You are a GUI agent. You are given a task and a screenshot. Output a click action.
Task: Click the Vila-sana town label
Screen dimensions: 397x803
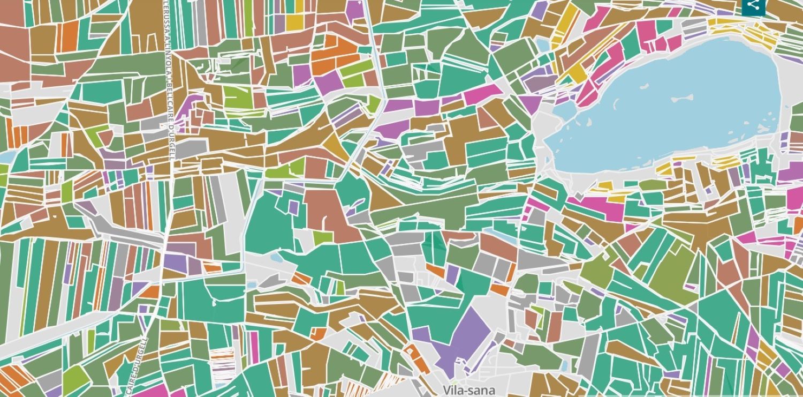click(x=469, y=389)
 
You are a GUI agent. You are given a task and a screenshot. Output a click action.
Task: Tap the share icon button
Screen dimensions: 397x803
click(x=753, y=5)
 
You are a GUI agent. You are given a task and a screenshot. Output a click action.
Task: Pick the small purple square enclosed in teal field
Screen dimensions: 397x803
click(x=294, y=206)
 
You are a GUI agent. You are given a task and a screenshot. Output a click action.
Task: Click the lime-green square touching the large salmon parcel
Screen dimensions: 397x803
click(x=323, y=237)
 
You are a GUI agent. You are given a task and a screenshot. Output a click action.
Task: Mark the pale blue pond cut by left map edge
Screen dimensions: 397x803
click(x=6, y=156)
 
